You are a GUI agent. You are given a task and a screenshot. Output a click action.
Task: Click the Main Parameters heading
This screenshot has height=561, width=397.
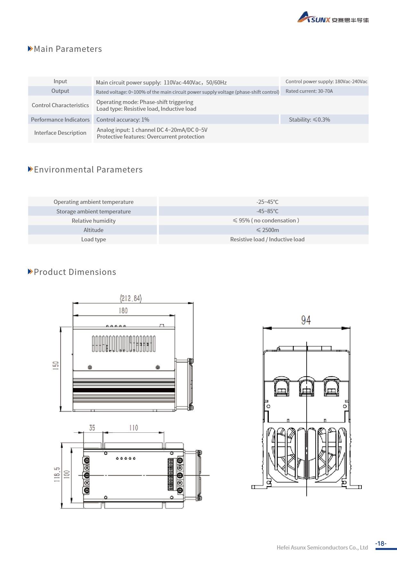click(x=68, y=49)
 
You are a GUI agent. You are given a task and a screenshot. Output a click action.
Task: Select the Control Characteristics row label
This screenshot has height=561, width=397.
click(x=60, y=105)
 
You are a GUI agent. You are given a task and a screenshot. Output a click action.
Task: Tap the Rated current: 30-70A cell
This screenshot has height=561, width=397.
click(x=309, y=91)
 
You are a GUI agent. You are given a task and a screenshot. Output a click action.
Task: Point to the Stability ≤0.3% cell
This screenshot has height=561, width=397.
click(x=309, y=120)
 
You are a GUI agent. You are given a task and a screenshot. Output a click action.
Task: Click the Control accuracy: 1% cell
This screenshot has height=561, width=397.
click(x=123, y=120)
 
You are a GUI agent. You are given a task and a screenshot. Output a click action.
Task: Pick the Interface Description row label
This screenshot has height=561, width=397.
click(x=60, y=133)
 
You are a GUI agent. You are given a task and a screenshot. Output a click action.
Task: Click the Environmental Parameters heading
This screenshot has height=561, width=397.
click(x=88, y=170)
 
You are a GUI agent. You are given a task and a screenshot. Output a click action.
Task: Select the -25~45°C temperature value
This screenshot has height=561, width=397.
click(x=267, y=202)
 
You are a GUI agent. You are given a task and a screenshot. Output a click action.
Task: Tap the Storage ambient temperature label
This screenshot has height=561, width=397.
click(x=94, y=212)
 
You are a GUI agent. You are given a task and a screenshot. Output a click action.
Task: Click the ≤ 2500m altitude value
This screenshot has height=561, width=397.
click(x=267, y=230)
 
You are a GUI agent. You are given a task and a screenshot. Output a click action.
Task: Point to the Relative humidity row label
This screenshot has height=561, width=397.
click(x=94, y=221)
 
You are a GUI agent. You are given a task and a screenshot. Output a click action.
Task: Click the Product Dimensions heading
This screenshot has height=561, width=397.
click(x=75, y=272)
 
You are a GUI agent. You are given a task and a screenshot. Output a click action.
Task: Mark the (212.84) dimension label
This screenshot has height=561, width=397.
click(x=131, y=298)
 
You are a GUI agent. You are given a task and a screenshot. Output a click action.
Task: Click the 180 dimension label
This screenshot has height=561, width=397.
click(x=123, y=311)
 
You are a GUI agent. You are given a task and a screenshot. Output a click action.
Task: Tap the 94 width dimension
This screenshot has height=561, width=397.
click(x=306, y=320)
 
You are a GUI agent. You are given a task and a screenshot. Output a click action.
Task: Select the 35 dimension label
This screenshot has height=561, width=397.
click(x=92, y=428)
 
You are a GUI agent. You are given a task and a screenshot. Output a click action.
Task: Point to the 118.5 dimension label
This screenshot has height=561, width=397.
click(x=57, y=475)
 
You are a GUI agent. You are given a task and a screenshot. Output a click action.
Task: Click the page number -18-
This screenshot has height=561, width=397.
click(x=381, y=544)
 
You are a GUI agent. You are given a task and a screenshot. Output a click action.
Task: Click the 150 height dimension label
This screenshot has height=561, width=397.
click(x=56, y=366)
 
